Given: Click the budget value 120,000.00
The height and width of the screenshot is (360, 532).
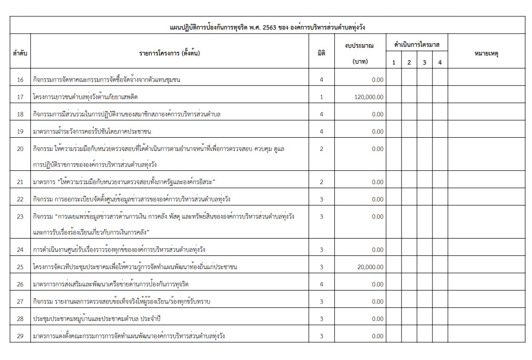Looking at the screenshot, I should click(368, 97).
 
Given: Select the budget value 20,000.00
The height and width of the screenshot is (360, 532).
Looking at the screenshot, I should click(370, 267).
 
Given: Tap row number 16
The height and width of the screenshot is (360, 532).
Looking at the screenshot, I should click(20, 80).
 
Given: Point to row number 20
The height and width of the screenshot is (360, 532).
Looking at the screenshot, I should click(20, 149).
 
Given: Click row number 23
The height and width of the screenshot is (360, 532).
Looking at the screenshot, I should click(20, 216).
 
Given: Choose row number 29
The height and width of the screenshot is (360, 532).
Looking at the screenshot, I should click(20, 336).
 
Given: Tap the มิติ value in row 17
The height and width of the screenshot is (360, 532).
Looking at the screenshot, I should click(321, 97).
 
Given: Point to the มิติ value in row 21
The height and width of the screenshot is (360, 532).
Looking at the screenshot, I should click(321, 182).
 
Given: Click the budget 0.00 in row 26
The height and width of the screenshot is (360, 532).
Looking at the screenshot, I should click(377, 285).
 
